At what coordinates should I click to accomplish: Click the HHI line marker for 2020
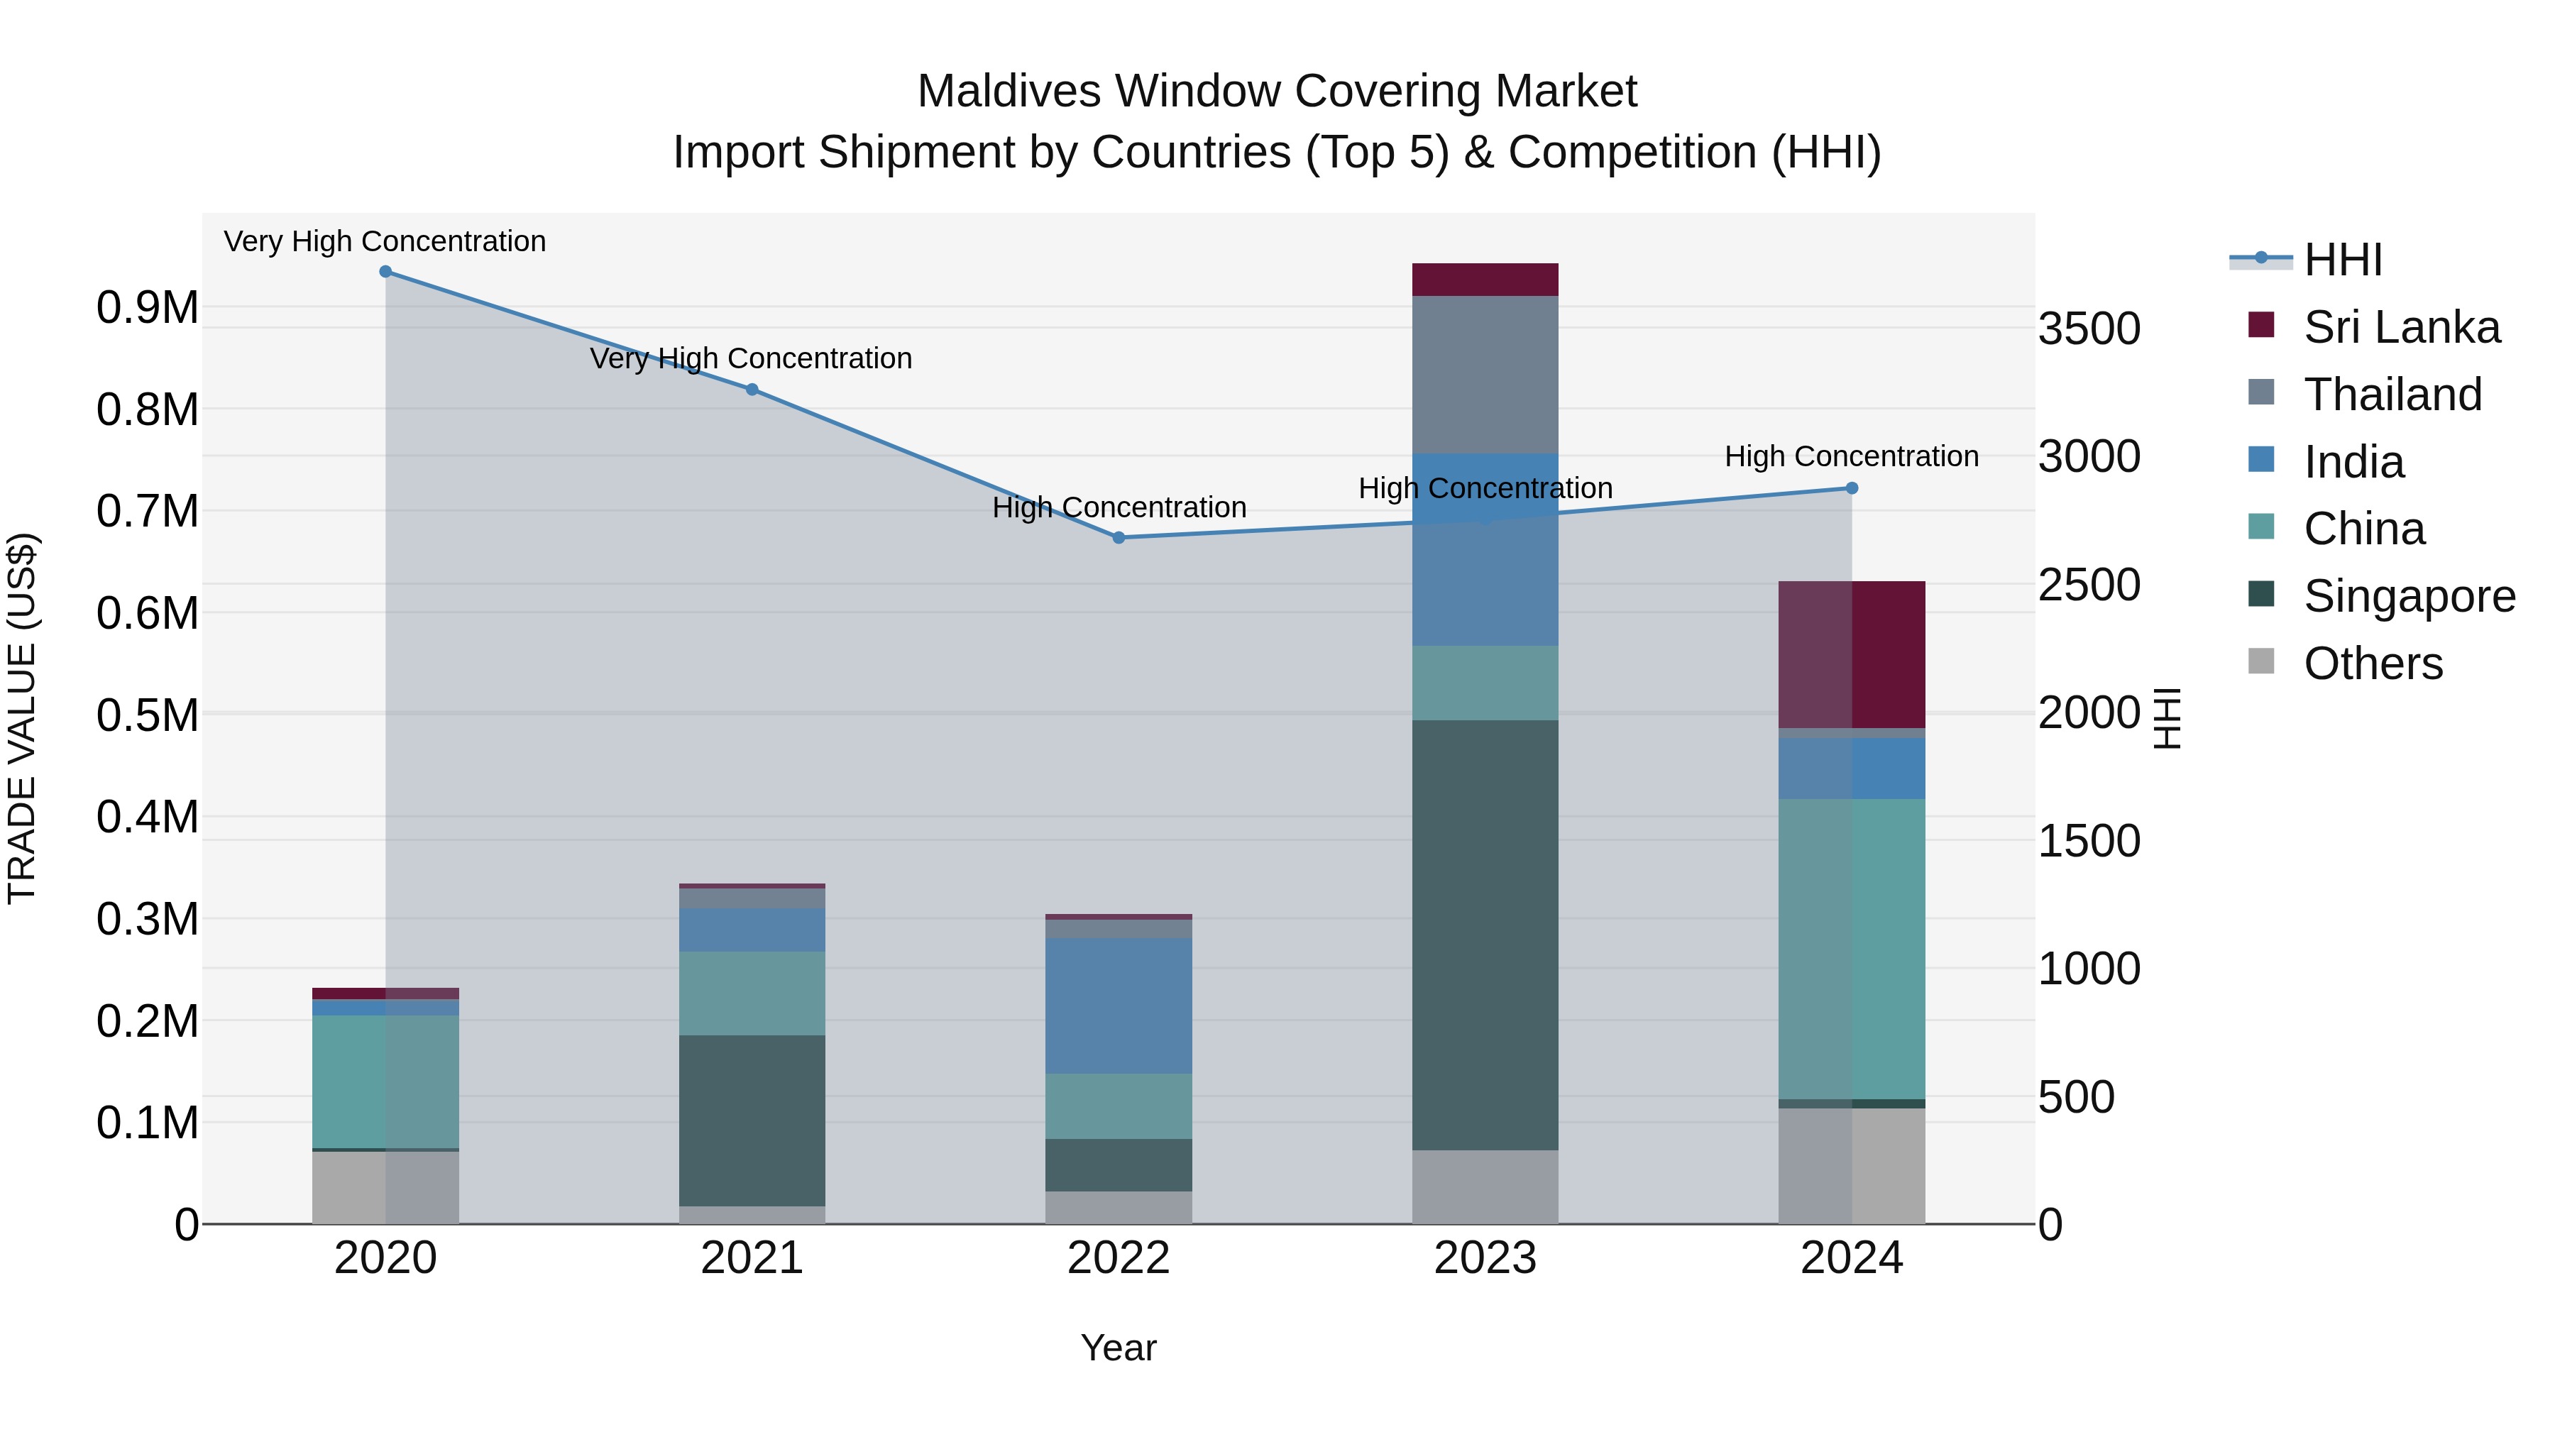(x=386, y=272)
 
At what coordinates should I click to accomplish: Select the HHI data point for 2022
(x=1119, y=537)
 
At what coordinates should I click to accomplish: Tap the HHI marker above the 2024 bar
(x=1852, y=488)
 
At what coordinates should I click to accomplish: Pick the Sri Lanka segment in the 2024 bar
(x=1852, y=654)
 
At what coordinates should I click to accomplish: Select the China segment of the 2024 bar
(x=1852, y=948)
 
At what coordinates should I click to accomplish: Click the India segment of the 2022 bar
(x=1119, y=1006)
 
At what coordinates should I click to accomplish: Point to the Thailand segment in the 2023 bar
(x=1485, y=374)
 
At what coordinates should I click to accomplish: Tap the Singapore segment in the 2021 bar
(x=752, y=1121)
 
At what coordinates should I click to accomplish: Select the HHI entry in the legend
(x=2342, y=260)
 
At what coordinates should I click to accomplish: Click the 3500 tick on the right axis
(x=2089, y=329)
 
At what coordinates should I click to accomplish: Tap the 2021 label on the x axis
(x=752, y=1258)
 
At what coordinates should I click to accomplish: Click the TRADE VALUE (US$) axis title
(x=22, y=718)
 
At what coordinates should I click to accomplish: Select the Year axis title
(x=1118, y=1348)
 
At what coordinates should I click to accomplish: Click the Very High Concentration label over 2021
(x=751, y=358)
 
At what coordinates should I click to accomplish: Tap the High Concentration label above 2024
(x=1851, y=456)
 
